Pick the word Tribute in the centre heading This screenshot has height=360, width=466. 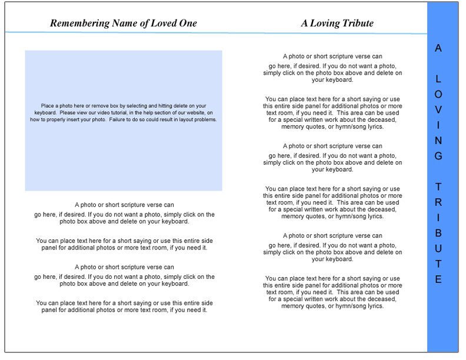[357, 24]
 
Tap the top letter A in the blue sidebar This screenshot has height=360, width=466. [438, 48]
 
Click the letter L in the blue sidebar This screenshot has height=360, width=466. [438, 79]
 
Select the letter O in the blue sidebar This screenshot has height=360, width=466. [438, 94]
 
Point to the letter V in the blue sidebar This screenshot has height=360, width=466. [438, 110]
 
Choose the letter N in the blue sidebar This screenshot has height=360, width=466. [438, 141]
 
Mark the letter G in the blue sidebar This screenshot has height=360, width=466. [438, 156]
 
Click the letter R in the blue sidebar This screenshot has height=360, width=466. [438, 202]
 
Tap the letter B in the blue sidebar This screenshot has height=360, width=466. [438, 233]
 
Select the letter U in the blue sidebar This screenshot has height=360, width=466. [438, 248]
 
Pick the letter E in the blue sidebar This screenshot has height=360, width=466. [438, 279]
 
